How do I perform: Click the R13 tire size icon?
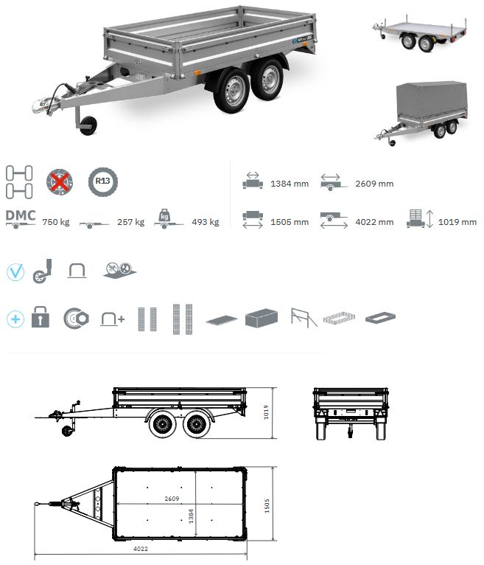tap(102, 181)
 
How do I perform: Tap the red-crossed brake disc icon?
tap(60, 182)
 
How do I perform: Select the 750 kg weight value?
tap(56, 222)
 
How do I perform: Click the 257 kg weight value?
tap(130, 222)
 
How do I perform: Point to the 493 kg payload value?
tap(206, 222)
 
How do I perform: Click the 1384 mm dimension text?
tap(290, 184)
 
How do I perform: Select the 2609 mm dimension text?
tap(374, 184)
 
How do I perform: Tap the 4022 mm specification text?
tap(374, 222)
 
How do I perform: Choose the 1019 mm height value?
tap(457, 222)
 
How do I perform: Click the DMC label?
tap(21, 215)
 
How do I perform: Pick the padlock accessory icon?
tap(41, 316)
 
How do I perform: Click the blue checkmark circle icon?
tap(15, 272)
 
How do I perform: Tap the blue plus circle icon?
tap(15, 319)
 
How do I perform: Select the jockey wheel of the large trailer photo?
tap(88, 125)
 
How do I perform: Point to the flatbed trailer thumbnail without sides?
tap(420, 33)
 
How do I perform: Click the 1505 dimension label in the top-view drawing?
tap(267, 506)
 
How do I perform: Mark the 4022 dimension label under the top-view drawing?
tap(141, 549)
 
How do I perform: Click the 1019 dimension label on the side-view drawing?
tap(266, 412)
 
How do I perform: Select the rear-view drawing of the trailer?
tap(351, 414)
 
